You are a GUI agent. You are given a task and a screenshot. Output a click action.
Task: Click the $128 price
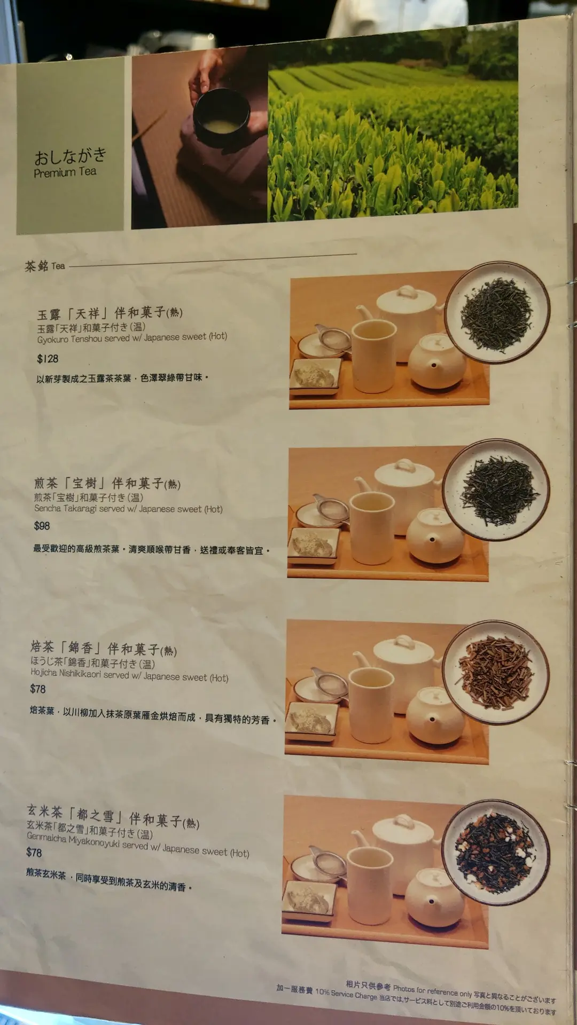click(x=48, y=359)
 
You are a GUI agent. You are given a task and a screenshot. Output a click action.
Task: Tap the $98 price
click(x=42, y=526)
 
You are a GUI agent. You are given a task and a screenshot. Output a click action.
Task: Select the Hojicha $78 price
click(x=38, y=689)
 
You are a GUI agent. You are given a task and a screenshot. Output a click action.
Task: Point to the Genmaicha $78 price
click(x=34, y=853)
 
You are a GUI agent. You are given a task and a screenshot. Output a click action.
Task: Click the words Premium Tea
click(x=65, y=172)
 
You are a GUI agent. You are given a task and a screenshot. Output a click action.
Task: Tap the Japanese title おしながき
click(x=70, y=156)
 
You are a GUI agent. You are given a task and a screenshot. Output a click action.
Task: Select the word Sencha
click(x=48, y=508)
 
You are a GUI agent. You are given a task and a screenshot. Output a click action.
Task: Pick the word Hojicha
click(x=44, y=673)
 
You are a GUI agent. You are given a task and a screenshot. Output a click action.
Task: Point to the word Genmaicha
click(x=46, y=838)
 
